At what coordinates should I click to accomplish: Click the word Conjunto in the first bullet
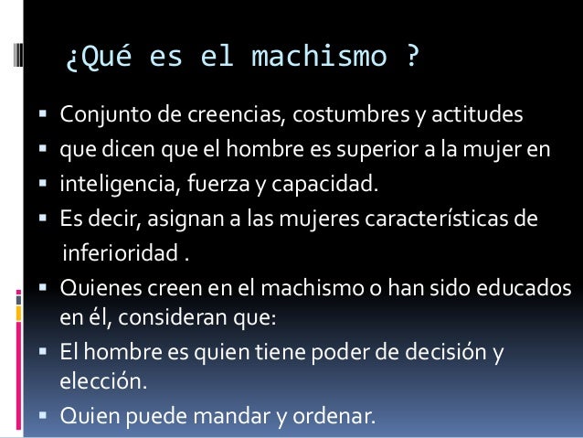96,116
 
